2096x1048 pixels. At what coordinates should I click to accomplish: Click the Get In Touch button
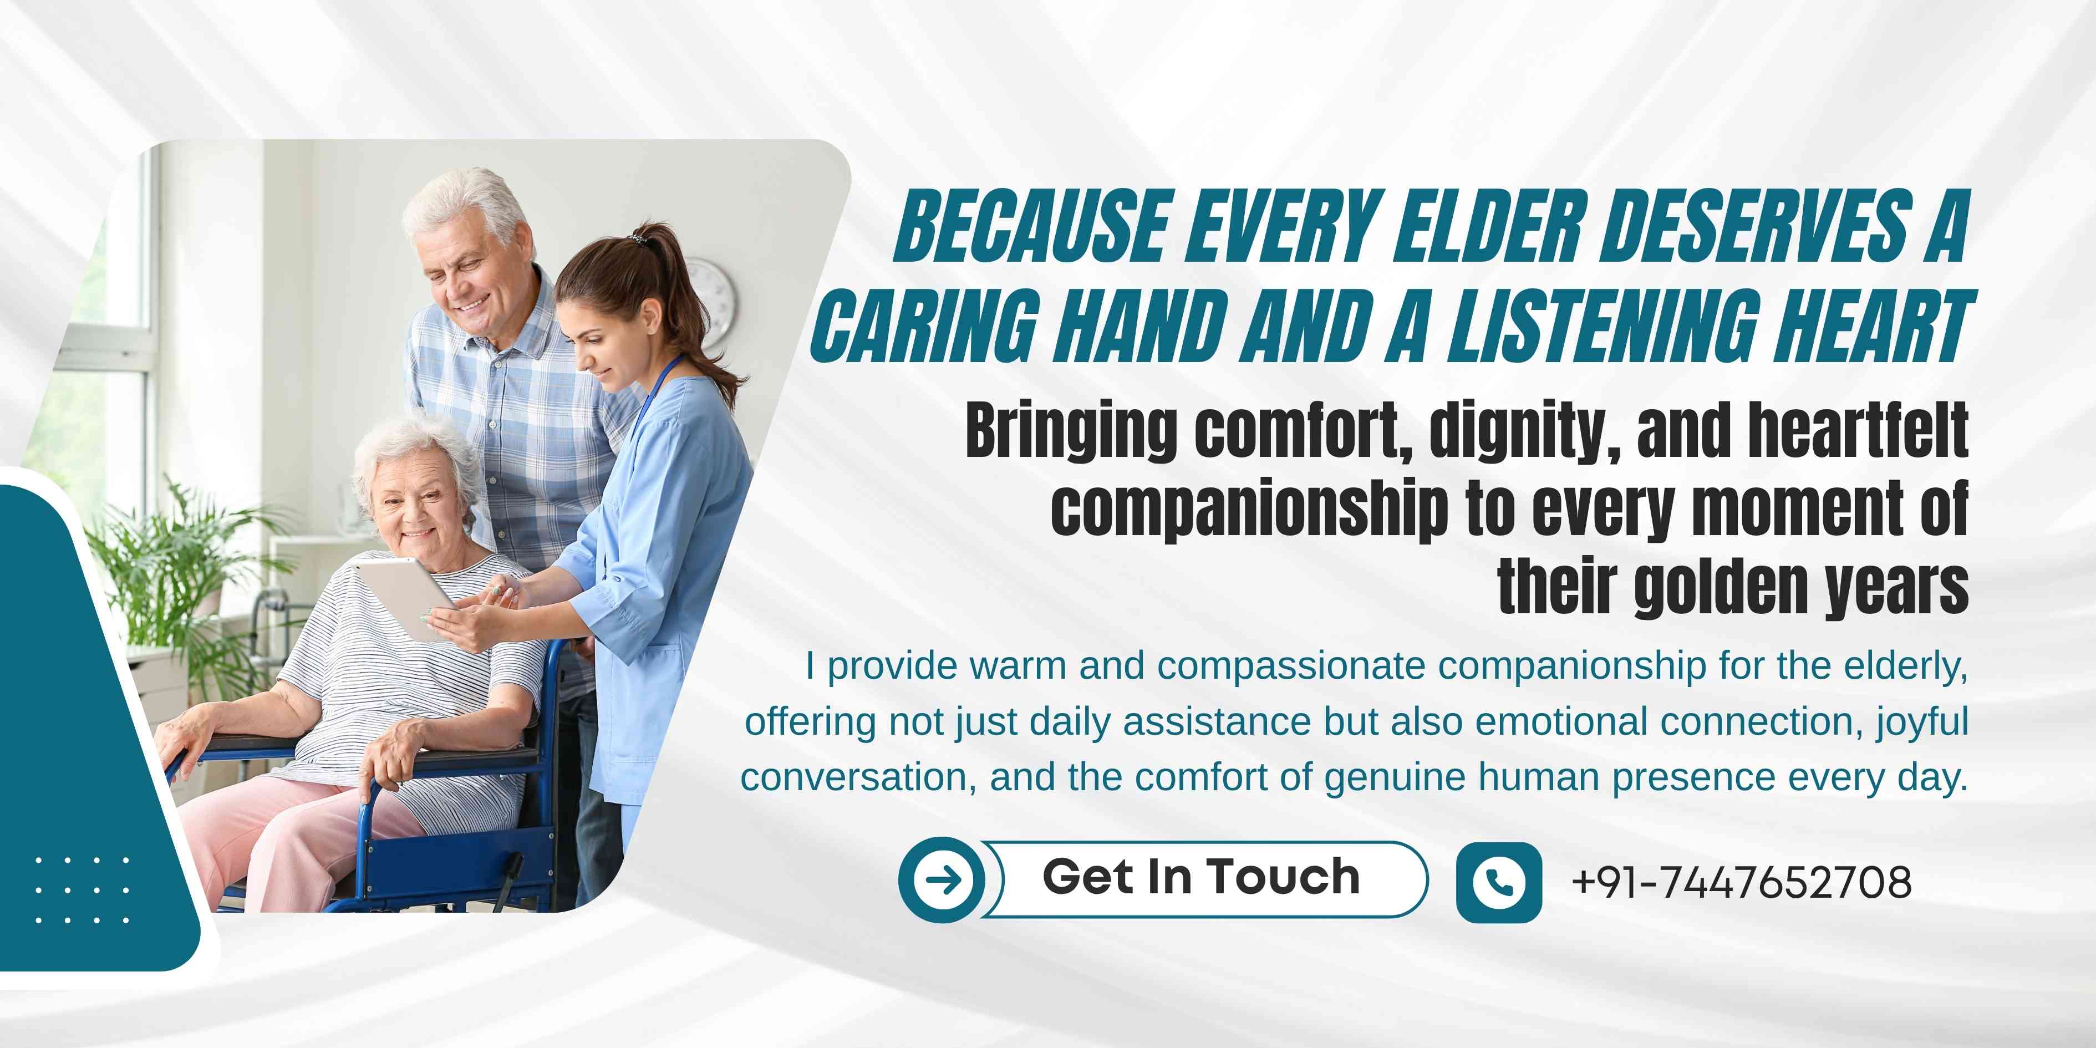1203,879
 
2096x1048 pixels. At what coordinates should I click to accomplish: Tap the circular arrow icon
942,879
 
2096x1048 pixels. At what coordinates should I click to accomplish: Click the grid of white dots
82,890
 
